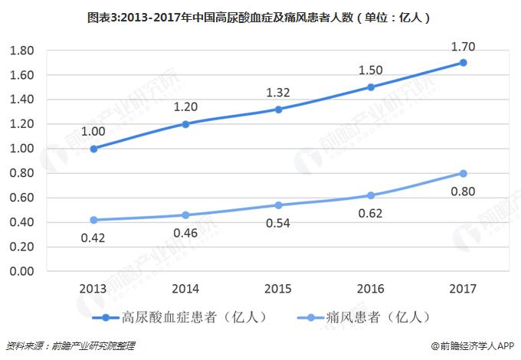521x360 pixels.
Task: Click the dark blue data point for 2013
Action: [93, 149]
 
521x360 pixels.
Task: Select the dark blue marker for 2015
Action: [278, 109]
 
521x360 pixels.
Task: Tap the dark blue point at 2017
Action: [464, 62]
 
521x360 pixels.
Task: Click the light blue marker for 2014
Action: [185, 214]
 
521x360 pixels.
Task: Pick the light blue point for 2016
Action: [371, 195]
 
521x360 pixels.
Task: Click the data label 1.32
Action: [278, 93]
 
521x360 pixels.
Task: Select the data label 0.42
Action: [93, 238]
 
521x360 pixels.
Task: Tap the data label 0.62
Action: [371, 214]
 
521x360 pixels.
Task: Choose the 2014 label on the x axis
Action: [185, 289]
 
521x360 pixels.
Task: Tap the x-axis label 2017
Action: [464, 289]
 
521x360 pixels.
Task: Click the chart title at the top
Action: [260, 15]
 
